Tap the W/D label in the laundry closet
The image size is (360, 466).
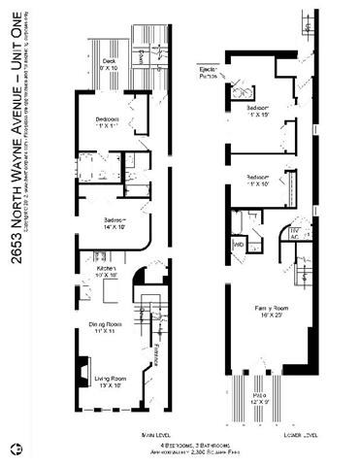tap(238, 245)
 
